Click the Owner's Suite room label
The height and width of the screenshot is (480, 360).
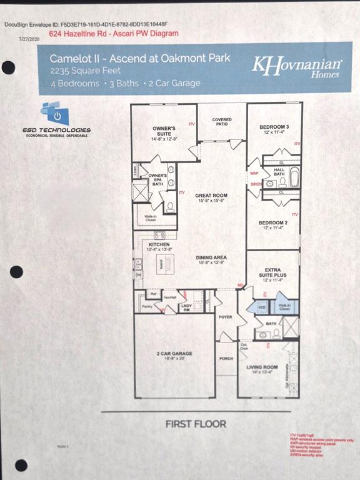click(x=164, y=132)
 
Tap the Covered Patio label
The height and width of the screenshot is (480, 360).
click(x=221, y=122)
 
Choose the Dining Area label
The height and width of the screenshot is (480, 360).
click(x=211, y=259)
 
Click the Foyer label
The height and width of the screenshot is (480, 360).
click(x=225, y=317)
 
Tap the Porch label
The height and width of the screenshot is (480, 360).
click(x=225, y=359)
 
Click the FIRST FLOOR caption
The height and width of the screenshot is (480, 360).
click(x=196, y=424)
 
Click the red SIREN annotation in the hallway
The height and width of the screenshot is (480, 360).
click(x=256, y=184)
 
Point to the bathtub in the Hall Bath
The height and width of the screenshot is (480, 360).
click(x=294, y=178)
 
